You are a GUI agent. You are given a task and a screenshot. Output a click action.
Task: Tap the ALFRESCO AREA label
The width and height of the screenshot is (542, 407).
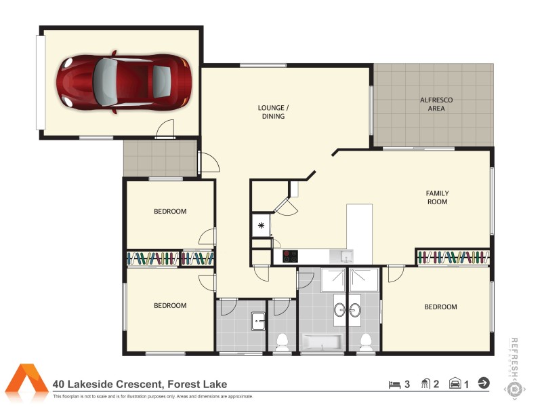[x=436, y=104]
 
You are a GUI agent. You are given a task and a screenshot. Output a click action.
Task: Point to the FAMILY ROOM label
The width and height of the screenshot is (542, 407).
[x=437, y=197]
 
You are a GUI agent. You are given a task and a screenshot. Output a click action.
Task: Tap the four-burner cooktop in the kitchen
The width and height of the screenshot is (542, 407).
[x=291, y=256]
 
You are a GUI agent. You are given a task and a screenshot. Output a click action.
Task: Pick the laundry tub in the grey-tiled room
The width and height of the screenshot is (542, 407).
[x=258, y=320]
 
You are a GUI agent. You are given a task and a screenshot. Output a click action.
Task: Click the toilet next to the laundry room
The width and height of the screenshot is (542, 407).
[x=283, y=340]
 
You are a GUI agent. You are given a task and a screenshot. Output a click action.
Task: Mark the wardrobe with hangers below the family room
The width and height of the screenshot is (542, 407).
[x=453, y=257]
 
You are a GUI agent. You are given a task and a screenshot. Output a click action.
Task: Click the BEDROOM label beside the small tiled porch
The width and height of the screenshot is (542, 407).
[x=169, y=212]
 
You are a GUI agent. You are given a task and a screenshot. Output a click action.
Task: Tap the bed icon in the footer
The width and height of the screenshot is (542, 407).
[x=394, y=384]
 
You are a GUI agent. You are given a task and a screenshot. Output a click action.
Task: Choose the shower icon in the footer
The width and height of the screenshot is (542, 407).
[x=426, y=384]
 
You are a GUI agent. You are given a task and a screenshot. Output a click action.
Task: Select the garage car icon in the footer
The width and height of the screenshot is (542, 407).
[x=455, y=384]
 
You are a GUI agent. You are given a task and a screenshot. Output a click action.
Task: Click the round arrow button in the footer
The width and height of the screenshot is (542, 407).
[x=484, y=383]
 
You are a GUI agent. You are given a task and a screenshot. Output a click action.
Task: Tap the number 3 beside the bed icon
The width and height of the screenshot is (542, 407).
[x=407, y=384]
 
